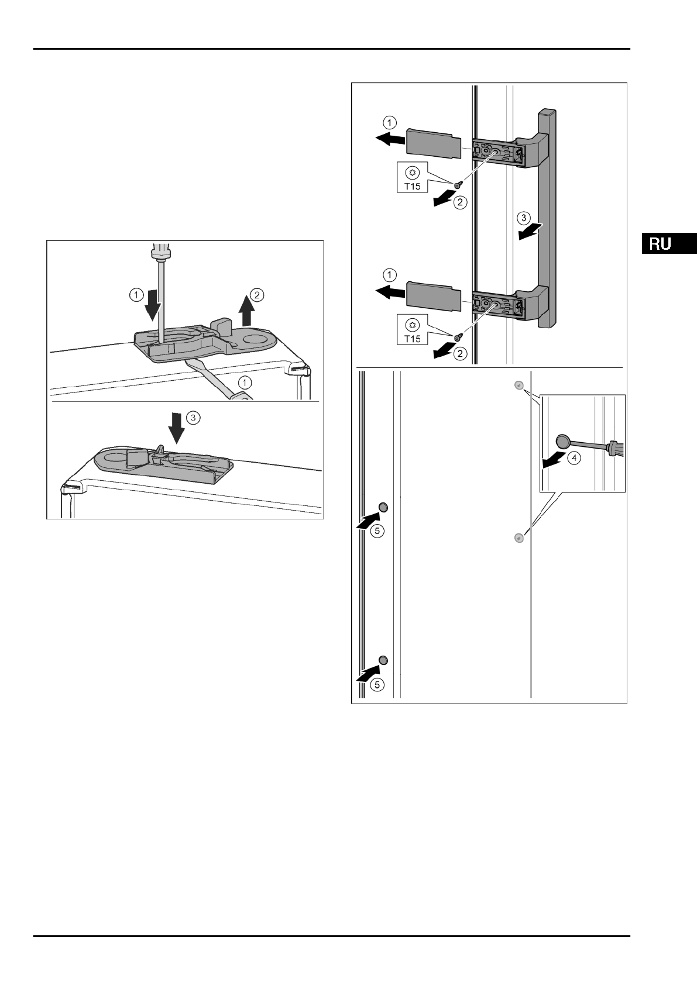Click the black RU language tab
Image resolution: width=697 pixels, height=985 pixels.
point(669,243)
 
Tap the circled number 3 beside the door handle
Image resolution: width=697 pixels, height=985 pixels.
point(524,219)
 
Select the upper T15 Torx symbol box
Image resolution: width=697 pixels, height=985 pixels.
point(413,177)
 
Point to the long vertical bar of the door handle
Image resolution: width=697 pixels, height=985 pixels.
point(547,216)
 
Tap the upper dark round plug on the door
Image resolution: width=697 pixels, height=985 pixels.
point(383,507)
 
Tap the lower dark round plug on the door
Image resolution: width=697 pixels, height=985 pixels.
point(383,660)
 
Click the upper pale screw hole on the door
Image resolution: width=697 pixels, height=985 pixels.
point(517,385)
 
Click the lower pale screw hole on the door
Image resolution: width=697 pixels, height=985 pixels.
point(517,538)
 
